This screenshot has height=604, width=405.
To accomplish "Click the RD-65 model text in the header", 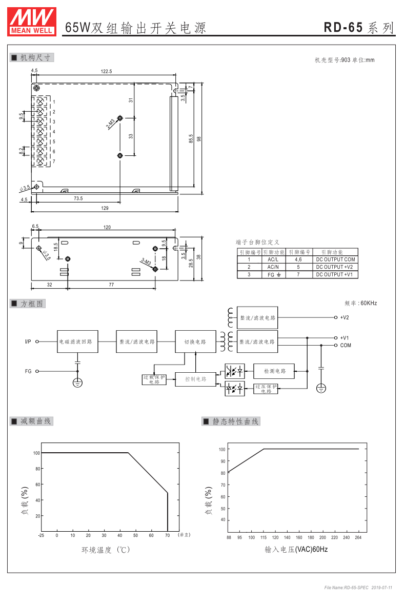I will pos(343,28).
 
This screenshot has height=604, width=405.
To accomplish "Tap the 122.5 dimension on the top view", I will pos(106,72).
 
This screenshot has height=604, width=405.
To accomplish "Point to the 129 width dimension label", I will pos(105,208).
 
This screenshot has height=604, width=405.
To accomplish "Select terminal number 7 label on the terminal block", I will pos(53,162).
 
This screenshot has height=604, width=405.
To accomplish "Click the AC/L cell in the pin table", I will pos(273,259).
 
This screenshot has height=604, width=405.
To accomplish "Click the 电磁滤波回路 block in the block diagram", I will pos(77,341).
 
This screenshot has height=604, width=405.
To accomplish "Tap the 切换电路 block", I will pos(195,341).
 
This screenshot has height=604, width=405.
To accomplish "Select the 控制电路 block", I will pos(195,379).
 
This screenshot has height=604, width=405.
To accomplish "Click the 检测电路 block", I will pos(275,371).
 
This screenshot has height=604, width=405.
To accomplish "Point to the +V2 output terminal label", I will pos(345,317).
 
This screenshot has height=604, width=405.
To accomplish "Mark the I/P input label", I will pos(28,341).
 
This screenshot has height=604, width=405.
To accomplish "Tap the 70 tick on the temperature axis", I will pos(167,535).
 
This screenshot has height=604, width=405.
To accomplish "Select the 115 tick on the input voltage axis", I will pos(264,537).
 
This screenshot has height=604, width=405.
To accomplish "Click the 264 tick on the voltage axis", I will pos(358,537).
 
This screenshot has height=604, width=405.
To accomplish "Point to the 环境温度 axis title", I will pos(106,550).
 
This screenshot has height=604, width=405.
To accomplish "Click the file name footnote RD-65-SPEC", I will pos(347,587).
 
